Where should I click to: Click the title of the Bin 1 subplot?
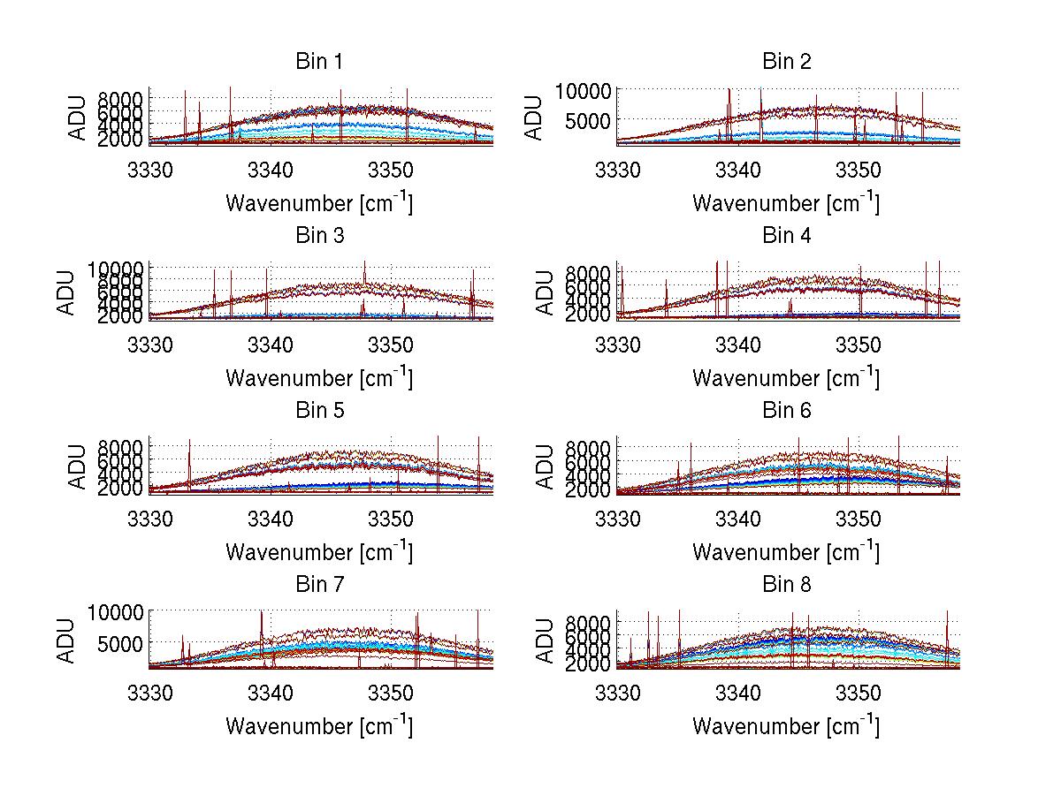click(x=319, y=62)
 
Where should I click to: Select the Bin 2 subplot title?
click(x=786, y=62)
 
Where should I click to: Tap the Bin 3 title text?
click(x=319, y=236)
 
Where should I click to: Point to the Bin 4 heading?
click(x=786, y=236)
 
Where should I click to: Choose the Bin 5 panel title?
click(x=319, y=411)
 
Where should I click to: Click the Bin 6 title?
click(x=786, y=411)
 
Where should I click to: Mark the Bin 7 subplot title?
click(x=319, y=585)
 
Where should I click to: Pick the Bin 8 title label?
click(x=786, y=585)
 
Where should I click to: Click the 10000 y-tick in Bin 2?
click(x=584, y=90)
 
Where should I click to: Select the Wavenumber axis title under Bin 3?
click(x=319, y=377)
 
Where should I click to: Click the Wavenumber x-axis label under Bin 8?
click(x=786, y=726)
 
